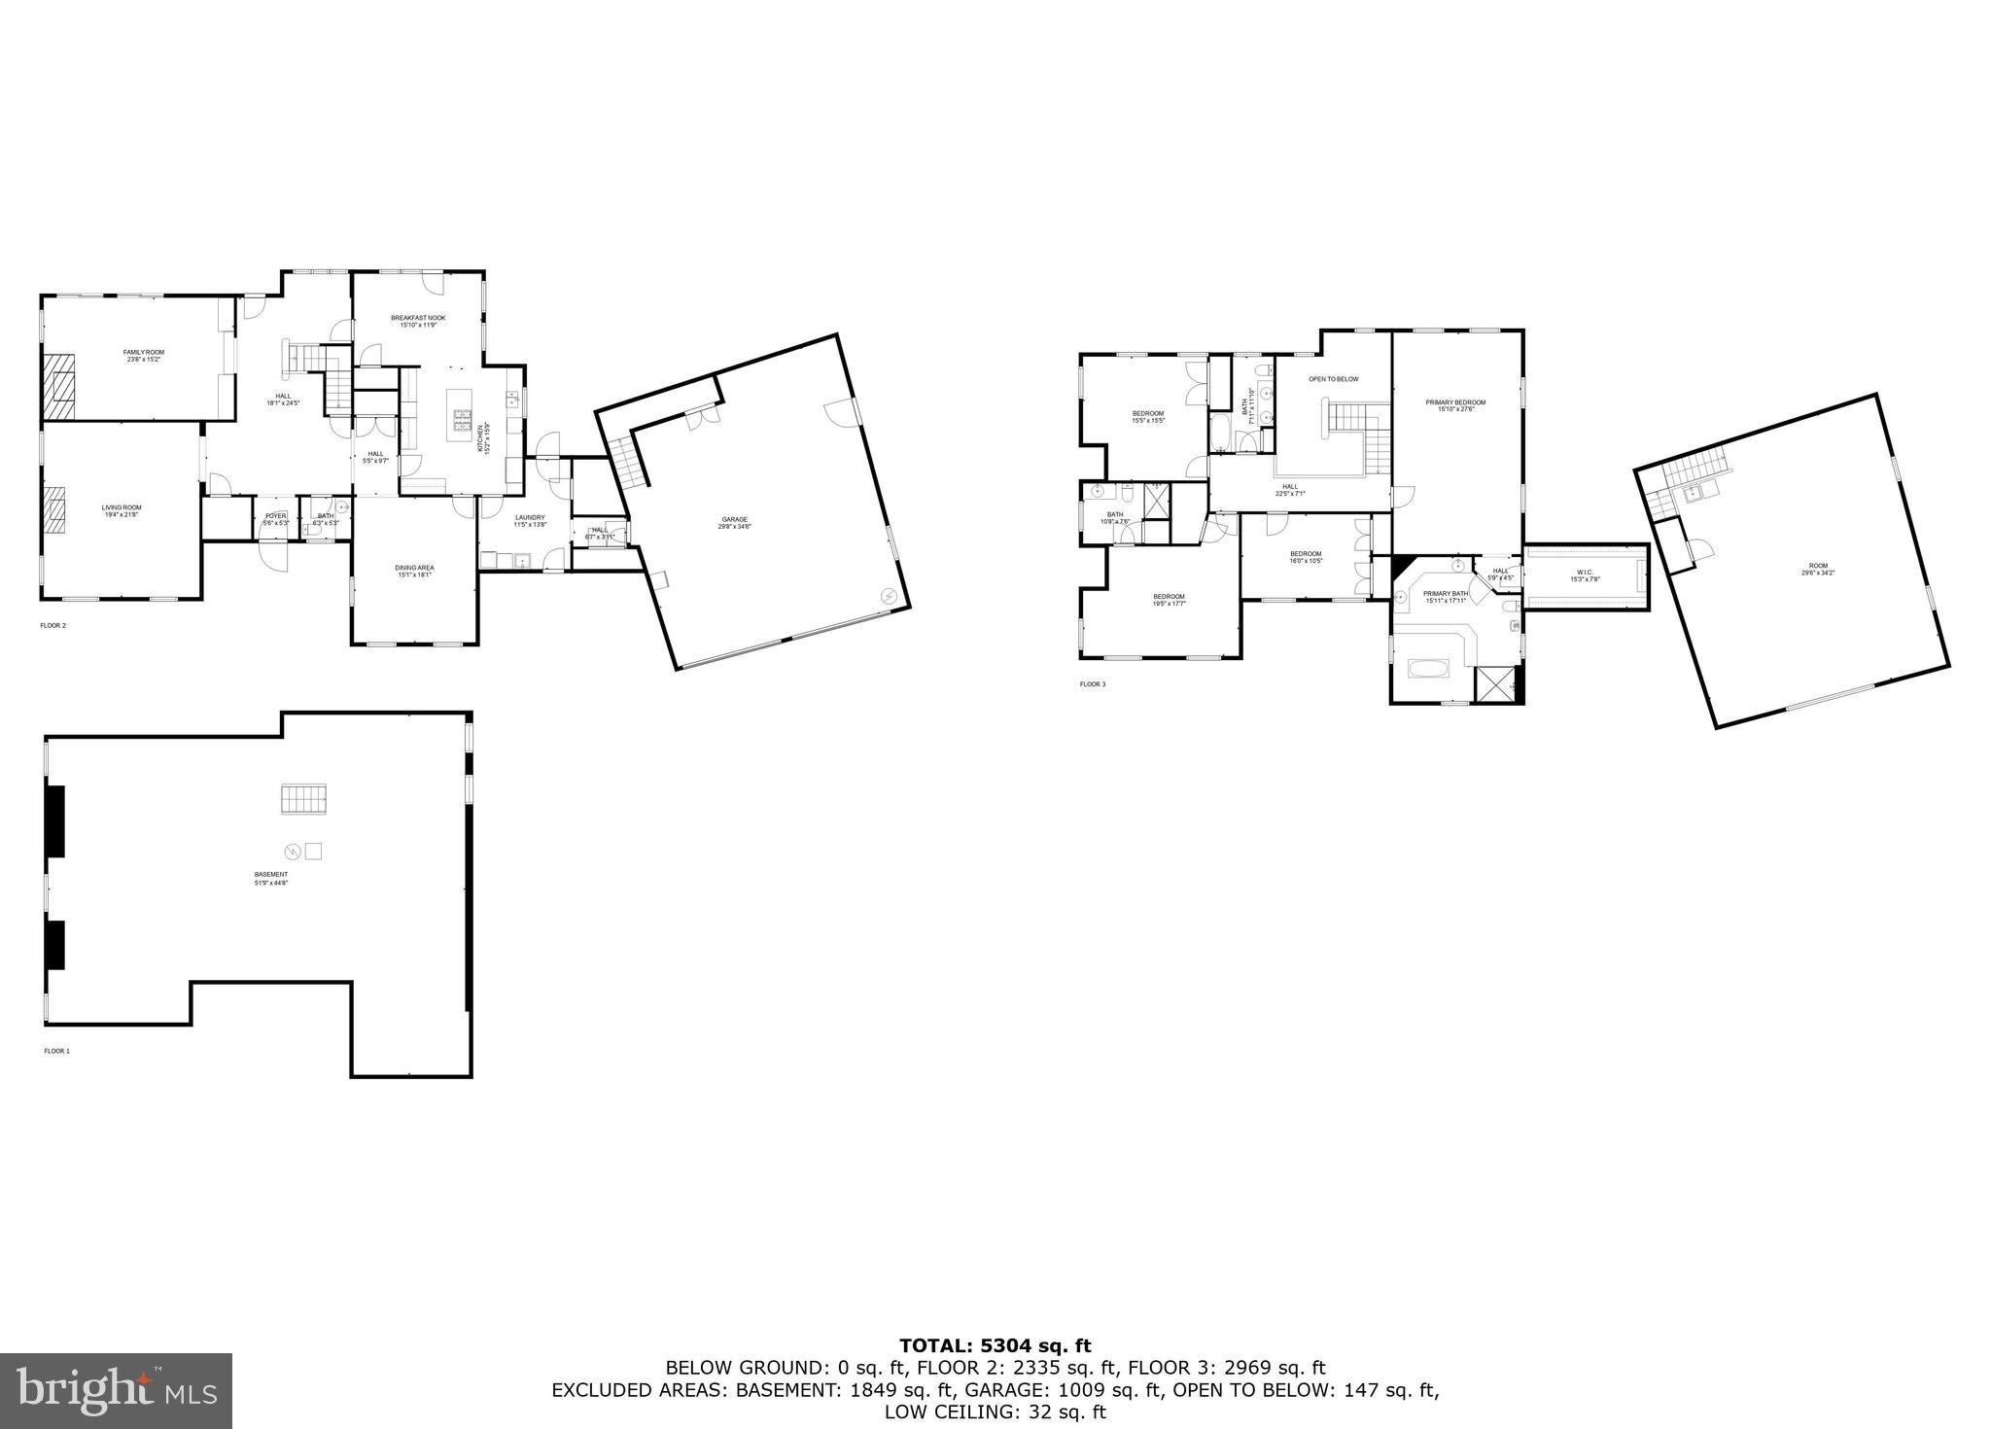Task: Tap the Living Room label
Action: tap(122, 509)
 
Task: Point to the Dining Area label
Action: tap(414, 571)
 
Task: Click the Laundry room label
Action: tap(530, 520)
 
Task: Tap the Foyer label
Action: tap(276, 519)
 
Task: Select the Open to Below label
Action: tap(1333, 379)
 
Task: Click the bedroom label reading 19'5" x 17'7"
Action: tap(1169, 600)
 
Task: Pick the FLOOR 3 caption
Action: tap(1093, 684)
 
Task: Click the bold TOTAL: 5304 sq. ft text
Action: tap(995, 1346)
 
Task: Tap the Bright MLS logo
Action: tap(117, 1390)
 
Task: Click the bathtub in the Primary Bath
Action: tap(1428, 670)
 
